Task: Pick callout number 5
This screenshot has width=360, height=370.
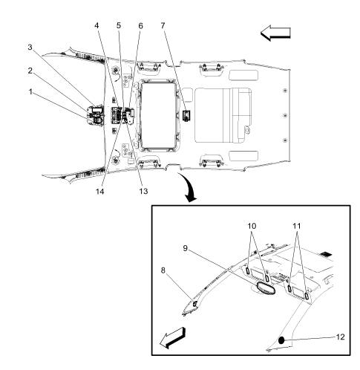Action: [x=119, y=25]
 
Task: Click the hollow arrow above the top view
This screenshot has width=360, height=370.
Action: [x=274, y=32]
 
